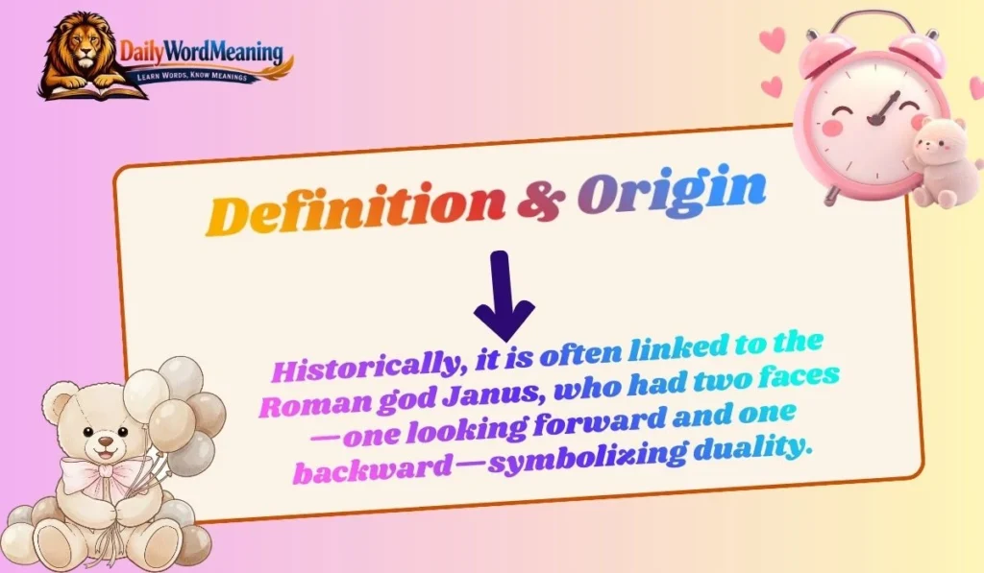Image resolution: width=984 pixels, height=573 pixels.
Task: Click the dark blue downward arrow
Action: (x=503, y=296)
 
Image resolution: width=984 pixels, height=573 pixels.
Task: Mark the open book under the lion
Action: (x=91, y=91)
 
